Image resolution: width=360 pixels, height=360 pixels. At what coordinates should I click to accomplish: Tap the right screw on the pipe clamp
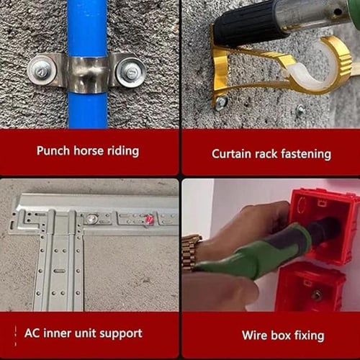click(130, 72)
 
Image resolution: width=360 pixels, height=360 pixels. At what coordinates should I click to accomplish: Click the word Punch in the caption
click(53, 151)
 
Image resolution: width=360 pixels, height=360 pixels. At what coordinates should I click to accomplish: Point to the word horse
click(89, 150)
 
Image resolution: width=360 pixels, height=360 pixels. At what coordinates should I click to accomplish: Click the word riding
click(123, 151)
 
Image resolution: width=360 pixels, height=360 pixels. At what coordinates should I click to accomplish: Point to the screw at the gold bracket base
click(222, 103)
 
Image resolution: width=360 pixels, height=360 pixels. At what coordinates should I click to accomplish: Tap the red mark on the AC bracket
click(149, 220)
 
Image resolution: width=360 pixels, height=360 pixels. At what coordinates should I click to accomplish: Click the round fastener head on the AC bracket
click(91, 218)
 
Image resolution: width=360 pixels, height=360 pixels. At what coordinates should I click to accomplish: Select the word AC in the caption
click(32, 333)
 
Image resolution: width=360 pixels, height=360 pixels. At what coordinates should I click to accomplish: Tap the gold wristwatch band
click(189, 252)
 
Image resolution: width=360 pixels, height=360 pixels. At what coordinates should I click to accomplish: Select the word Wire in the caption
click(255, 336)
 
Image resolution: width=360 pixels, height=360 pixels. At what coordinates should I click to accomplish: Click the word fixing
click(310, 336)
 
